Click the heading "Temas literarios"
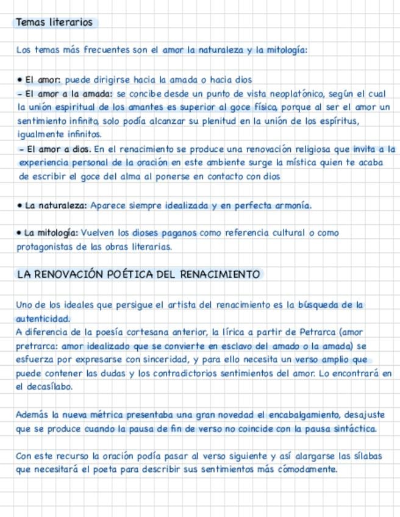coord(54,23)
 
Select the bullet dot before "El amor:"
coord(20,79)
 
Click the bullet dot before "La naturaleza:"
coord(20,206)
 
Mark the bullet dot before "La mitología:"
coord(20,233)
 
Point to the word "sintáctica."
coord(350,429)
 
